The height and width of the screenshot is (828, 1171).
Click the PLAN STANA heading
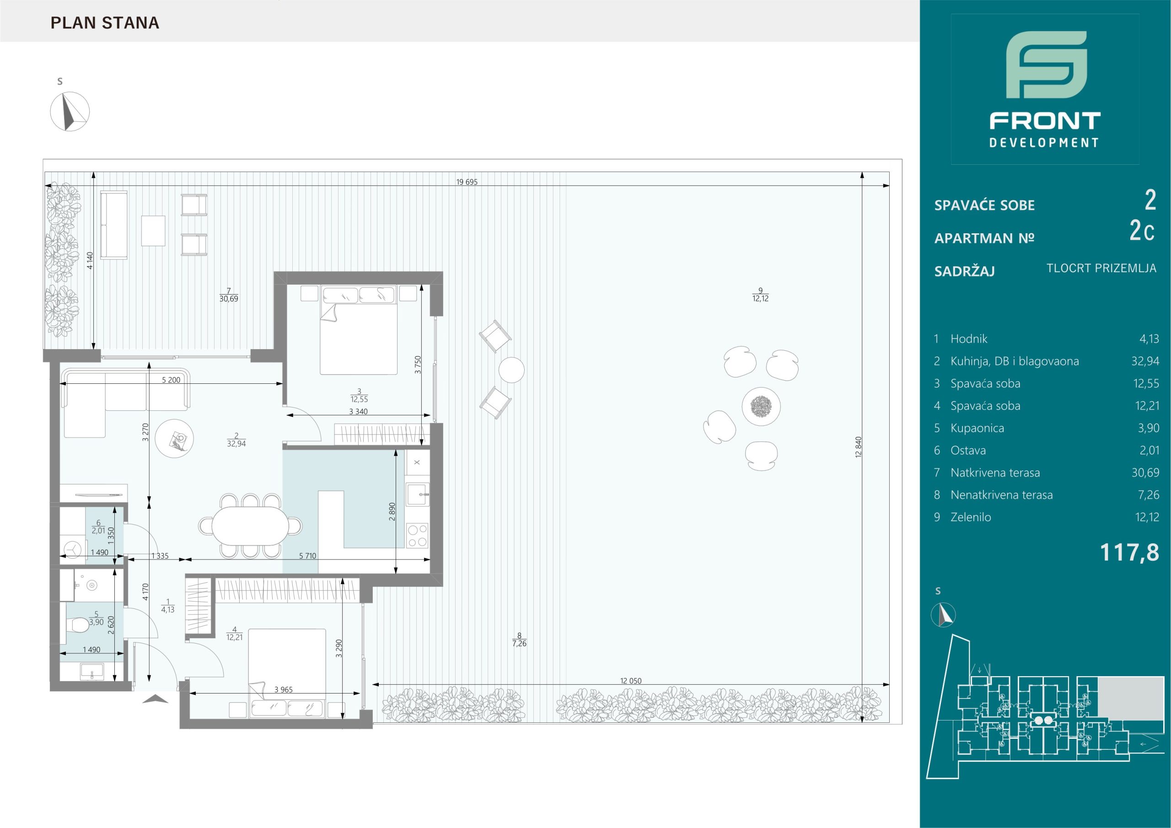(105, 23)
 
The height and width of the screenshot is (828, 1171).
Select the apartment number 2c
(1142, 231)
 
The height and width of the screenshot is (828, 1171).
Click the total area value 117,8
(1129, 552)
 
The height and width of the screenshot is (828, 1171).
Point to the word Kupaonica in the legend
(977, 428)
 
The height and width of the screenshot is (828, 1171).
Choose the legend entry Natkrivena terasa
(995, 473)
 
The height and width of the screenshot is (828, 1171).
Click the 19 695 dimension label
(467, 182)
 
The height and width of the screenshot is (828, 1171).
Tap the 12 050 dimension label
(631, 681)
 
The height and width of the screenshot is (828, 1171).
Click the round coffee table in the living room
(175, 438)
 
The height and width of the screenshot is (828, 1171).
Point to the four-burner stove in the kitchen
(417, 536)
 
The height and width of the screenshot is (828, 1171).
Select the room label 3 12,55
(359, 395)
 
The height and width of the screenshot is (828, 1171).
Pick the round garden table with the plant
(761, 406)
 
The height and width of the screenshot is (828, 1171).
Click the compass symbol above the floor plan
(70, 112)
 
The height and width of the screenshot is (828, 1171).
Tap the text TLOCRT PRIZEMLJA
(1101, 269)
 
